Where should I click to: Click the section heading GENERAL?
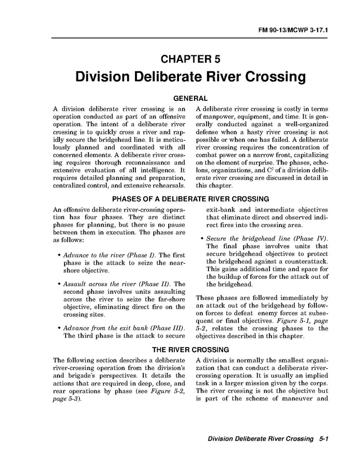190,98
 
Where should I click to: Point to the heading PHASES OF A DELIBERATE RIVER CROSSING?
190,199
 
